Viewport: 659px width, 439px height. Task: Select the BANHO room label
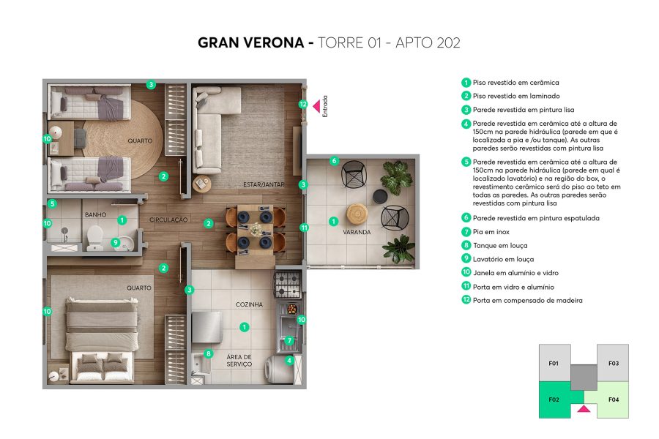click(x=95, y=214)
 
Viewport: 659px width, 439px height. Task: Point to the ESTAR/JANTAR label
click(x=264, y=184)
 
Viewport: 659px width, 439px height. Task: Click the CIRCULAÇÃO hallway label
click(x=169, y=219)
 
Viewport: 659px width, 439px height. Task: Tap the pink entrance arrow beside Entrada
click(x=316, y=107)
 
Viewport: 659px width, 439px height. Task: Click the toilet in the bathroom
click(x=95, y=239)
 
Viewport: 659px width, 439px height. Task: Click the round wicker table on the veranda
click(x=358, y=214)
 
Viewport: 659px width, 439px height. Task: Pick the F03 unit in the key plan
click(x=614, y=363)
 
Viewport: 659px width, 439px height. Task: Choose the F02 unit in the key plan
click(x=554, y=399)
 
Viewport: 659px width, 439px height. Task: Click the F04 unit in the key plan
click(x=614, y=399)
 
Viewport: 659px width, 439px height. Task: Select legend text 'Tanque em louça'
click(x=500, y=246)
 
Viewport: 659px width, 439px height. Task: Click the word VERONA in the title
click(x=272, y=43)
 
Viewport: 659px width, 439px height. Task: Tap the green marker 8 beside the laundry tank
click(x=209, y=354)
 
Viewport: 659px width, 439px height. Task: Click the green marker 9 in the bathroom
click(x=115, y=243)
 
